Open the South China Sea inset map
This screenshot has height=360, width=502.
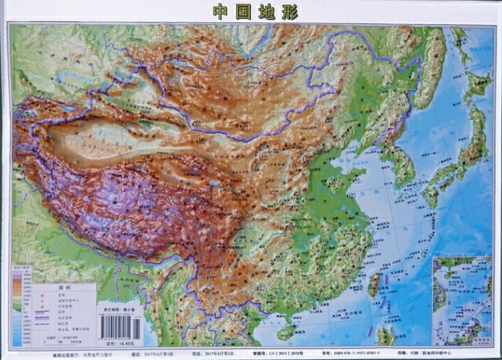(462, 298)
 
